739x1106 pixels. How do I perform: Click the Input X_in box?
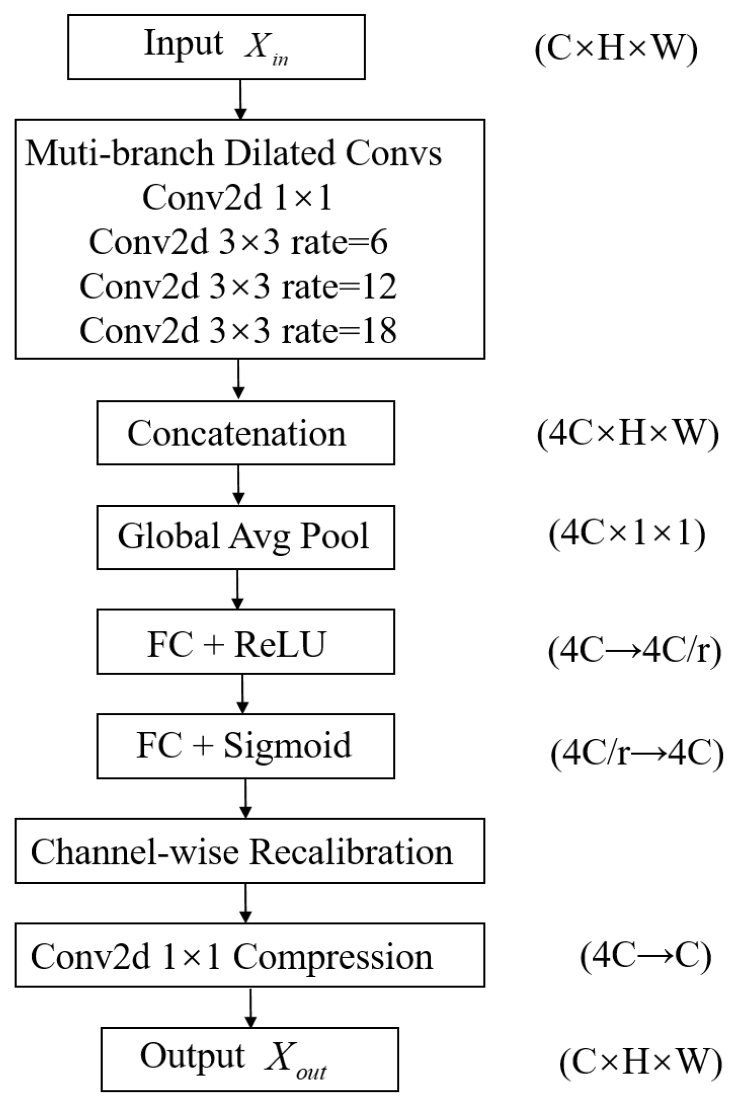216,47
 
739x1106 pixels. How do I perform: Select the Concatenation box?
245,433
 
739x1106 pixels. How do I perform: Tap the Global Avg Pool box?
245,537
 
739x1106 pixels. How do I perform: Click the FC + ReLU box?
245,642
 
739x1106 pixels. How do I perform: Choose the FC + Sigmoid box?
245,746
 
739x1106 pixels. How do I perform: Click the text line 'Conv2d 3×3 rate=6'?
238,242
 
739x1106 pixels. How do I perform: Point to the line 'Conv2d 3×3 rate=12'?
238,286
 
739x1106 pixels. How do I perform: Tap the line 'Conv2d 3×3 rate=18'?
238,330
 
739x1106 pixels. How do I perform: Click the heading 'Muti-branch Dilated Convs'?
233,153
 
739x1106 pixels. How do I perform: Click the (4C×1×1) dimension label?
627,534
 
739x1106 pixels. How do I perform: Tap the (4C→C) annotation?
646,956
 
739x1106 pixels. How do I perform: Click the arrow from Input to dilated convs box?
240,99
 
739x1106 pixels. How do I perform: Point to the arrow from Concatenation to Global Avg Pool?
238,485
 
